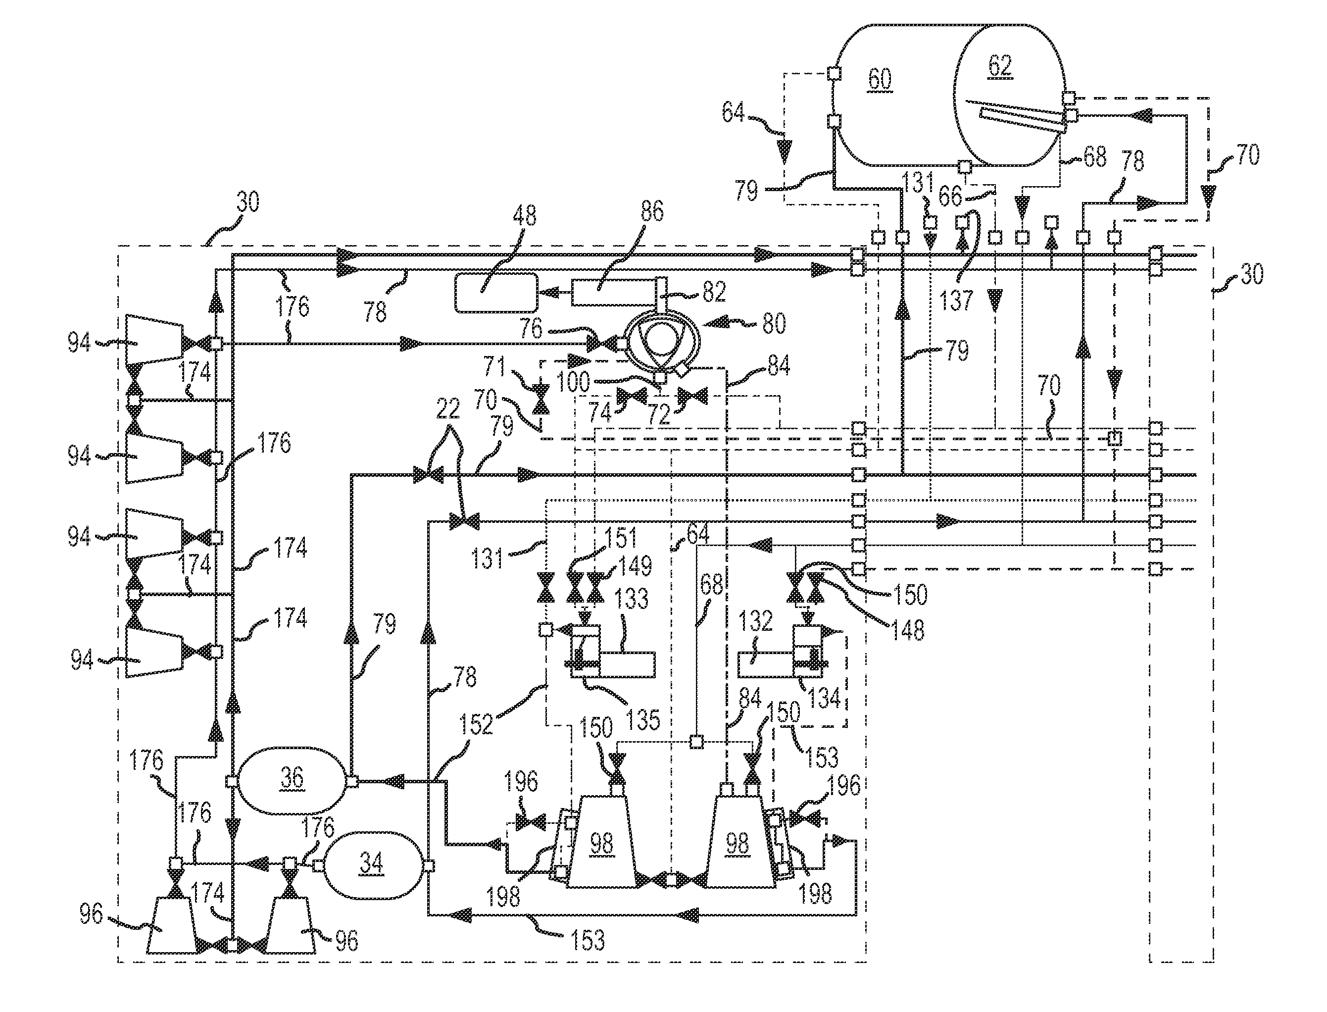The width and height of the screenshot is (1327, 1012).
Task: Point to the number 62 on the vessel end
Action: pos(999,65)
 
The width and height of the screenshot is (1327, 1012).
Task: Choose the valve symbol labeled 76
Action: pos(600,344)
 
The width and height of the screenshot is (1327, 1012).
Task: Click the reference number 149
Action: pos(636,566)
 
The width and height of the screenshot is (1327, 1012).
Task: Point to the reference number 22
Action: pos(448,409)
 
